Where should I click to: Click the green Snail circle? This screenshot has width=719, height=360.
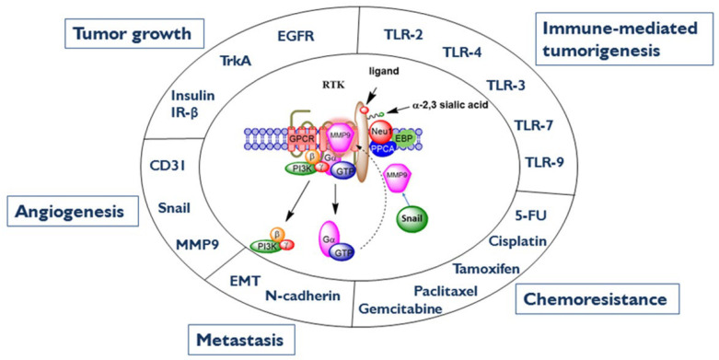[x=412, y=219]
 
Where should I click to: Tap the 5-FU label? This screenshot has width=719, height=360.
[x=531, y=218]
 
